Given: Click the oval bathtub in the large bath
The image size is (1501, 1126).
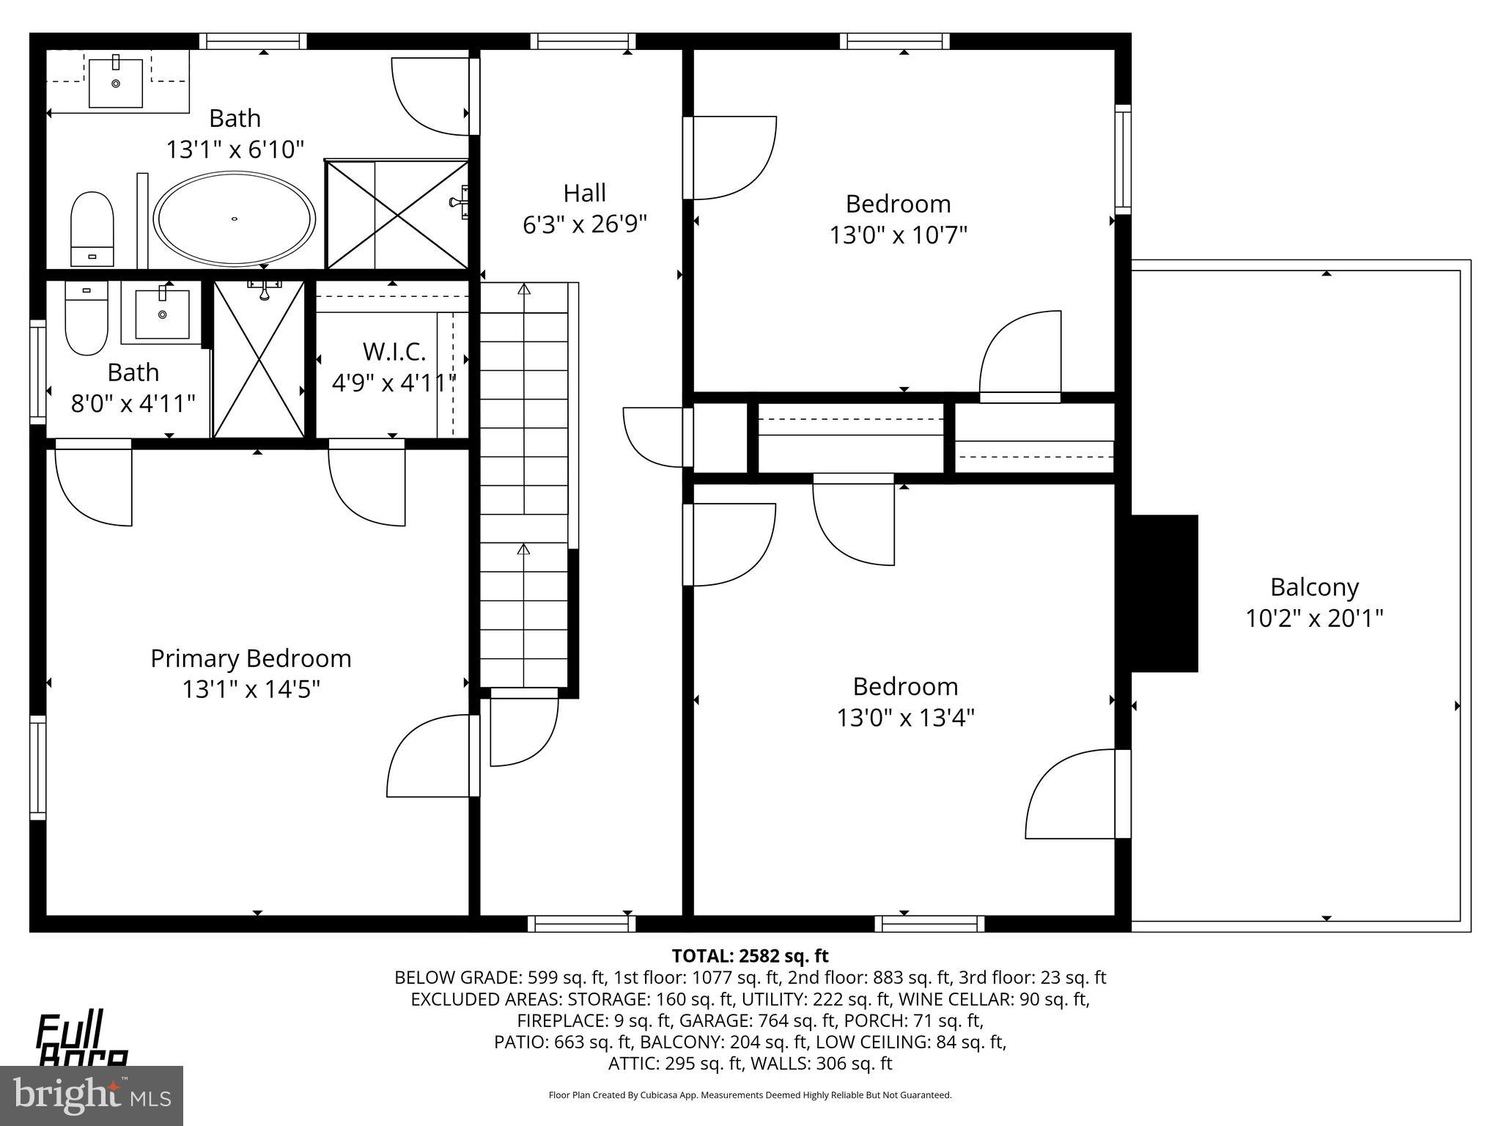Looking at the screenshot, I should (235, 219).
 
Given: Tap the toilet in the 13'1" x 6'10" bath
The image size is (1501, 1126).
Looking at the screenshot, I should (92, 228).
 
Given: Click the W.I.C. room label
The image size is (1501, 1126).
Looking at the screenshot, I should (394, 352).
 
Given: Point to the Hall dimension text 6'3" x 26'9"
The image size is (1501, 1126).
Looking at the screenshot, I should (584, 224).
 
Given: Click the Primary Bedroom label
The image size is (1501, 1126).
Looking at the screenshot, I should (251, 658).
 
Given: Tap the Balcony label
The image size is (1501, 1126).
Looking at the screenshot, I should (1314, 587).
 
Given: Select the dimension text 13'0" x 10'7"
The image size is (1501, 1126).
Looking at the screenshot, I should (898, 235).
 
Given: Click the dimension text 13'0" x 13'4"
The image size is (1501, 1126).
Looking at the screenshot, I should (905, 718).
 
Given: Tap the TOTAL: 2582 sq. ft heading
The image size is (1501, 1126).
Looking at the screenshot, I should (750, 956).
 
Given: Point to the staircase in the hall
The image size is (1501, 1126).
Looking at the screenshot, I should (524, 484).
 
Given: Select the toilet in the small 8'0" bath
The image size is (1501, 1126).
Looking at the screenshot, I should (86, 317).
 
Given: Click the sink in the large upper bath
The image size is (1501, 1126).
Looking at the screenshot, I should (116, 83).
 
